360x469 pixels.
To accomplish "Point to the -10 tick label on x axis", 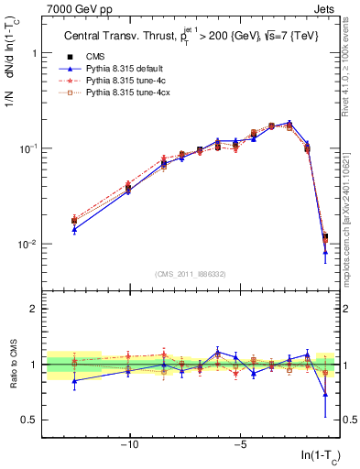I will coord(129,447).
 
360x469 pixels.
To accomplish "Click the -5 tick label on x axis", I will coord(239,447).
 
